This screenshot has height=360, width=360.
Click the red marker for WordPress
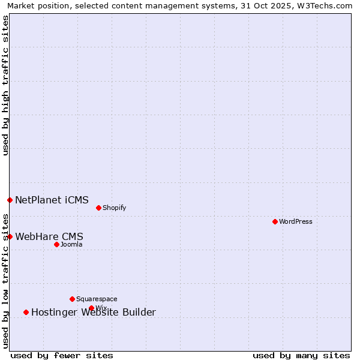(x=275, y=221)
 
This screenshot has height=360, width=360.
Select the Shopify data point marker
(x=98, y=208)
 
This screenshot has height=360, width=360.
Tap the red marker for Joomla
(x=56, y=244)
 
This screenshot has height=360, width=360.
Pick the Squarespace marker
(x=72, y=299)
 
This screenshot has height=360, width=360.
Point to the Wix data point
(x=91, y=308)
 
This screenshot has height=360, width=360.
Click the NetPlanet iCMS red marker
(x=10, y=200)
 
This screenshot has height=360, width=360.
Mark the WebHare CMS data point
(x=10, y=236)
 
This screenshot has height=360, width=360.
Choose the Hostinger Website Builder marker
(x=26, y=312)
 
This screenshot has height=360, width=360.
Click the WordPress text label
(x=296, y=221)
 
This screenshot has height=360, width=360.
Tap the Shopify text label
(x=114, y=208)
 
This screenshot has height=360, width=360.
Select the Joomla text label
(x=71, y=244)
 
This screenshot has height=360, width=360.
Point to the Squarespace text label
(x=97, y=299)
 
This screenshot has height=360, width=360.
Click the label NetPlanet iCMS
(x=52, y=200)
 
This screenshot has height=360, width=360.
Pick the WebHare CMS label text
(x=49, y=236)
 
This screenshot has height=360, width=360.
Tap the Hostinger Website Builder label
(x=94, y=312)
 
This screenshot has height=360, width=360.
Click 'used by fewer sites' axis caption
(x=62, y=355)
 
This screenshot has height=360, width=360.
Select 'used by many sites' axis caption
(x=301, y=355)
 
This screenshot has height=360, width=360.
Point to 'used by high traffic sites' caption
(x=5, y=85)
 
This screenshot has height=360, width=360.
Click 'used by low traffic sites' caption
(x=5, y=280)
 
